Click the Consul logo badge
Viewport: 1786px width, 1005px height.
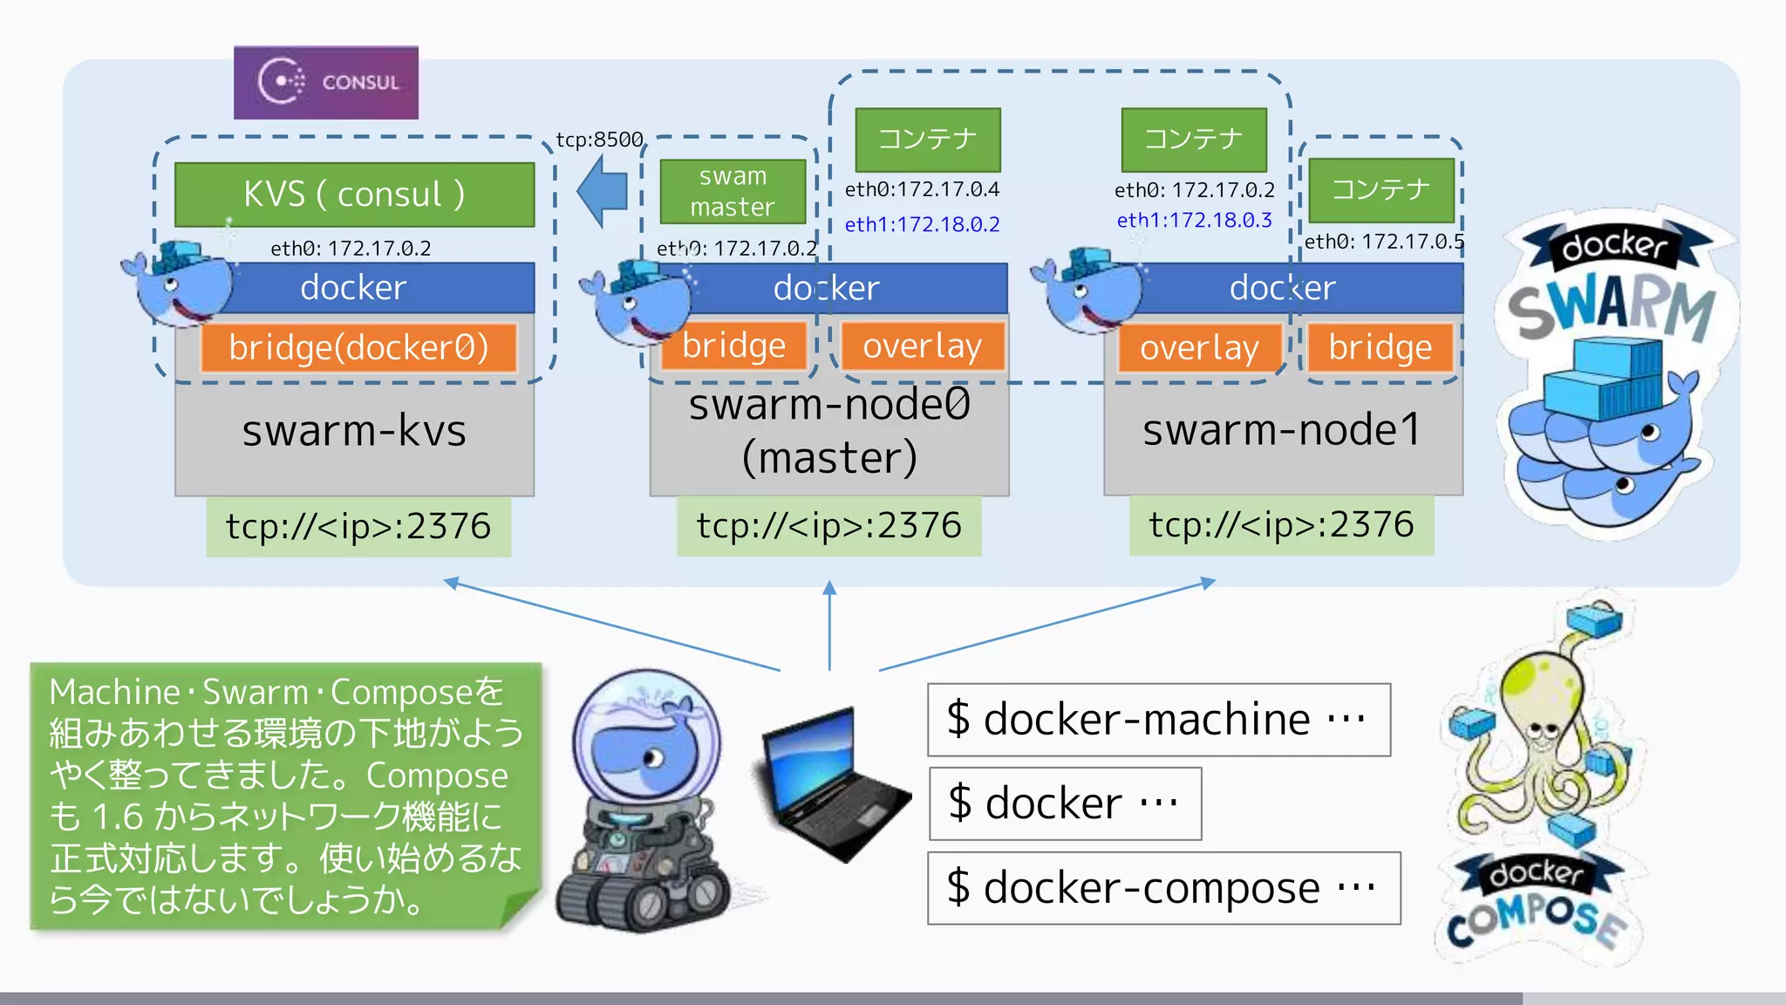[x=326, y=83]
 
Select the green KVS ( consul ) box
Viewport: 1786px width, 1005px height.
[x=354, y=194]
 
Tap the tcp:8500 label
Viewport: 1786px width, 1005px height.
[x=599, y=140]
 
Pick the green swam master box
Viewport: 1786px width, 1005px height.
[x=733, y=191]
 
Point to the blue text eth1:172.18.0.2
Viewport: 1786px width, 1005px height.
[x=922, y=224]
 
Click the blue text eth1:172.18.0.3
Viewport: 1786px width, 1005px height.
[x=1194, y=220]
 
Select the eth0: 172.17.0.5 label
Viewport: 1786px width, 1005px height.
[x=1384, y=242]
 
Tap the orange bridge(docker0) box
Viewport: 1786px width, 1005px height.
[x=358, y=347]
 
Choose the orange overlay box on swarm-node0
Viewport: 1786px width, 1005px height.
[x=922, y=346]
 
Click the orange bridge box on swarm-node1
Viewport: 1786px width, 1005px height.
[x=1380, y=347]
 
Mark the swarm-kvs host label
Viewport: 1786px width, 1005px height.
[x=354, y=431]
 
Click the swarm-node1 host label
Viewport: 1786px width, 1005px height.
[x=1282, y=429]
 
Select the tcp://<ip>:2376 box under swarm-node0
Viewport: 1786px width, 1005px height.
[x=828, y=526]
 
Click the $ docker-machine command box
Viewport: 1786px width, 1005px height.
[x=1158, y=720]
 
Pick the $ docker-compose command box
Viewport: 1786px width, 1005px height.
[x=1163, y=888]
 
